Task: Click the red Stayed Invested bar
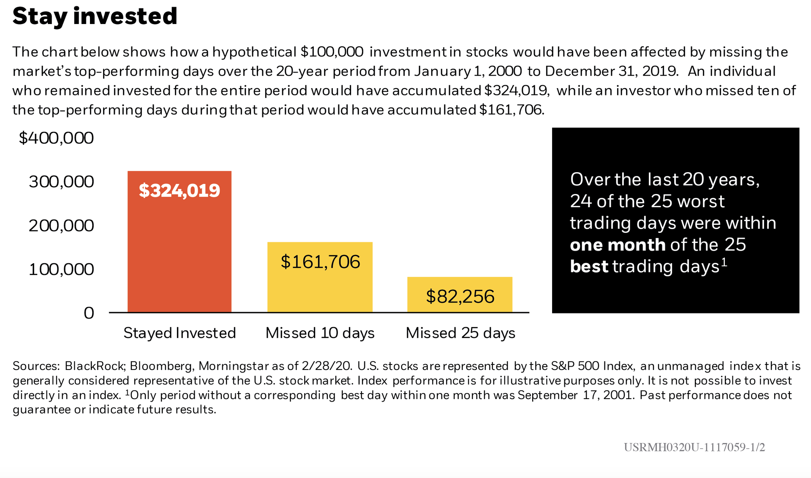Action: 179,253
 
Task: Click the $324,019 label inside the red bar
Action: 179,191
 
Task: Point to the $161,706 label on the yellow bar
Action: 320,262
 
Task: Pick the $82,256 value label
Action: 460,297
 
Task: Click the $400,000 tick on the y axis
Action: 56,138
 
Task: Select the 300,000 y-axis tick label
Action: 61,182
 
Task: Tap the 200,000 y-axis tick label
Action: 61,226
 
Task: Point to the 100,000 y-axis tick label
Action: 61,269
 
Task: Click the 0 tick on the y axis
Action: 89,313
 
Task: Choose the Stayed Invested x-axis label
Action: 180,333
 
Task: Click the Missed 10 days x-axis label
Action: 320,333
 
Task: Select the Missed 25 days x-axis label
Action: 460,333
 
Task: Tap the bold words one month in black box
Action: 618,245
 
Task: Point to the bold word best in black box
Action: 589,267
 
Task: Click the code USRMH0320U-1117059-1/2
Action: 694,447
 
